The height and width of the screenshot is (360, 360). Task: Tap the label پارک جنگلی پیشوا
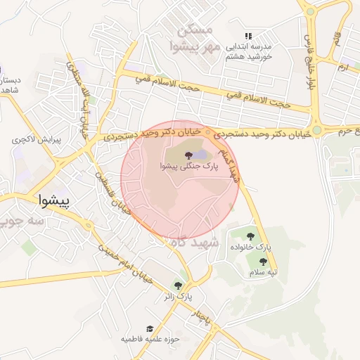[189, 167]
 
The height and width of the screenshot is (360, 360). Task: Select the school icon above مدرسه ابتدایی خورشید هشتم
[247, 36]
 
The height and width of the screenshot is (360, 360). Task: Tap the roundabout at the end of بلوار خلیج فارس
[317, 129]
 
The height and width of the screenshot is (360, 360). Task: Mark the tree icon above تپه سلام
[263, 262]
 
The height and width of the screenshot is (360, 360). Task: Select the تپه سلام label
[265, 272]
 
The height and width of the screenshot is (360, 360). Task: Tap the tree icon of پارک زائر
[178, 285]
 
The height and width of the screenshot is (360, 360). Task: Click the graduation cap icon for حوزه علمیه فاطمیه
[149, 328]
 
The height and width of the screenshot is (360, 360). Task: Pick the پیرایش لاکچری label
[37, 140]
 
